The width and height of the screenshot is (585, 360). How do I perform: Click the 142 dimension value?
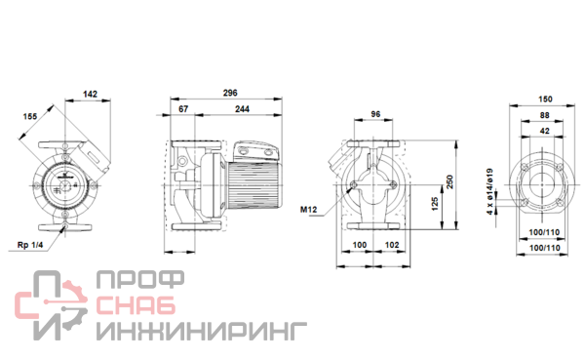pyautogui.click(x=90, y=94)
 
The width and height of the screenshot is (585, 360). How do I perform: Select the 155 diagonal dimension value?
pyautogui.click(x=30, y=116)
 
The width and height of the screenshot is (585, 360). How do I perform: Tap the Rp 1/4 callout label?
pyautogui.click(x=30, y=245)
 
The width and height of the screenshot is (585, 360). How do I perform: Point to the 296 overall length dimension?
pyautogui.click(x=230, y=93)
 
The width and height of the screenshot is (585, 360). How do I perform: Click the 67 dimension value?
pyautogui.click(x=183, y=108)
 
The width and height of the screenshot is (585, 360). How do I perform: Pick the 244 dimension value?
pyautogui.click(x=242, y=108)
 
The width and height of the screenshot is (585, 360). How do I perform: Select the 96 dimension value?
pyautogui.click(x=375, y=113)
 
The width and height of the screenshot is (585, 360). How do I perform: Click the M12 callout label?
pyautogui.click(x=308, y=210)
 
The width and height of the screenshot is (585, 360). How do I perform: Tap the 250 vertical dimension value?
pyautogui.click(x=449, y=181)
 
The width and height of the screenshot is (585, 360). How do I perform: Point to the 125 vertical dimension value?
pyautogui.click(x=435, y=204)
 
